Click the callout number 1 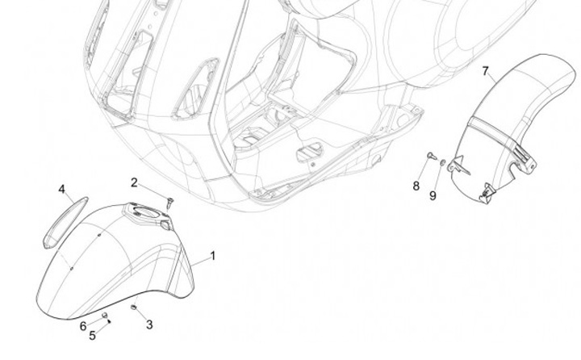pos(213,256)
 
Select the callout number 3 pos(149,324)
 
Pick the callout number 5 pos(92,335)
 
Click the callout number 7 pos(486,71)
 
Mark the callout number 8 pos(416,186)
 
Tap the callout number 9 pos(432,195)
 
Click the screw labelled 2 pos(169,200)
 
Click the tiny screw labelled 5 pos(110,320)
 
